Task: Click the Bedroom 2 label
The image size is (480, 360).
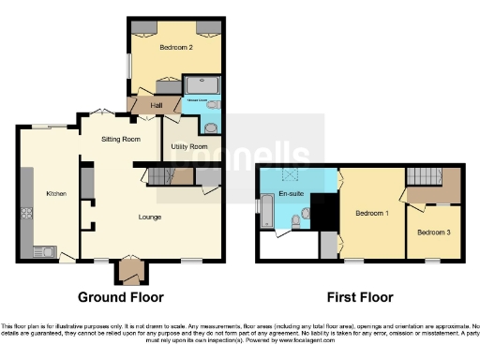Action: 176,46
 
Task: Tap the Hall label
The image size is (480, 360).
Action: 144,105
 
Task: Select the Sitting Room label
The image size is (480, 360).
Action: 121,139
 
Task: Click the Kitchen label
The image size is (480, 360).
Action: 57,193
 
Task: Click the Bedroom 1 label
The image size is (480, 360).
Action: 372,214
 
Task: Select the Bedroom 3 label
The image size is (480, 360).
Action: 432,232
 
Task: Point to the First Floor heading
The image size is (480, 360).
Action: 359,297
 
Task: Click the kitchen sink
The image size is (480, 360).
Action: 43,250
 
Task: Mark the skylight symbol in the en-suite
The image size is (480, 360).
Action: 291,174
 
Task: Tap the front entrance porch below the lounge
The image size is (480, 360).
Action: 127,271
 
